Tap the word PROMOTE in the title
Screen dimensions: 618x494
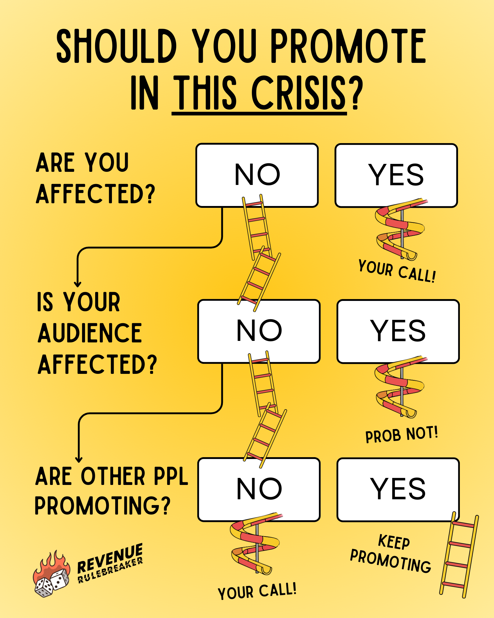pyautogui.click(x=348, y=46)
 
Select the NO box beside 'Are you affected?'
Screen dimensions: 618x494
pyautogui.click(x=257, y=175)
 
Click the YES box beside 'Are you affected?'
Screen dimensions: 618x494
pyautogui.click(x=396, y=175)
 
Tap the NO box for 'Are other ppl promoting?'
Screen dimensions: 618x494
pyautogui.click(x=259, y=489)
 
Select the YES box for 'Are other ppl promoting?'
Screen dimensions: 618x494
pyautogui.click(x=398, y=489)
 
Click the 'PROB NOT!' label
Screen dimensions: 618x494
pyautogui.click(x=402, y=435)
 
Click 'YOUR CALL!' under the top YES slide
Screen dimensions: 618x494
pyautogui.click(x=397, y=271)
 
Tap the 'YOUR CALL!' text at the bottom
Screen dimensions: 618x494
pyautogui.click(x=257, y=591)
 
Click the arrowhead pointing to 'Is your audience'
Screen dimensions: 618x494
pyautogui.click(x=78, y=284)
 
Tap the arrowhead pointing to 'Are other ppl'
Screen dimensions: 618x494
pyautogui.click(x=79, y=459)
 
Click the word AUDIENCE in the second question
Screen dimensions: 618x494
pyautogui.click(x=90, y=333)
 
